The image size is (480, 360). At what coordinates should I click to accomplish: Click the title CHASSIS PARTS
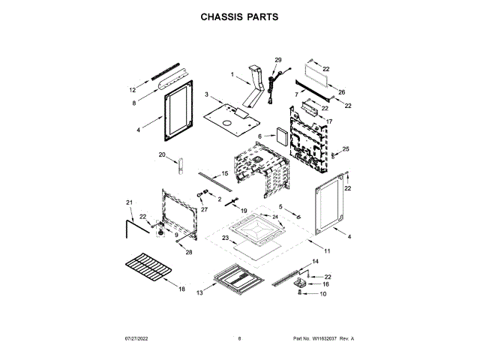(x=239, y=16)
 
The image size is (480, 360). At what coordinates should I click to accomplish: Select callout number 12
(x=133, y=88)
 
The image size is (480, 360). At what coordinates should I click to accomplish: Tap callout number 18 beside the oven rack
(x=181, y=289)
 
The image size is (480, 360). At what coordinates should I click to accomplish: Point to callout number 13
(x=200, y=293)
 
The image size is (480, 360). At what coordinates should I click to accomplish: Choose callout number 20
(x=161, y=155)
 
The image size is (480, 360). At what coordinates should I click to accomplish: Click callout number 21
(x=129, y=202)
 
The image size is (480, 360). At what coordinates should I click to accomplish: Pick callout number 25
(x=346, y=150)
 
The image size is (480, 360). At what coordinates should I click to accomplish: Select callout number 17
(x=328, y=121)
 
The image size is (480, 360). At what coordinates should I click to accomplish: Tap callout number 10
(x=324, y=295)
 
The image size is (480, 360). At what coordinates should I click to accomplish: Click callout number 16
(x=326, y=285)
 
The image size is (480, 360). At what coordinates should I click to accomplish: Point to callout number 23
(x=224, y=238)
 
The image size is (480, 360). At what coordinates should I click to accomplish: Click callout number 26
(x=342, y=92)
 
